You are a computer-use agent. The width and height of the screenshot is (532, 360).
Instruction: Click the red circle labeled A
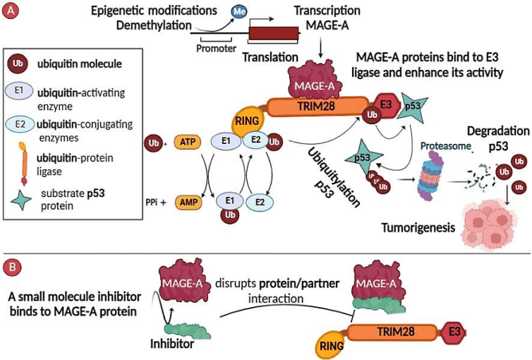pos(11,11)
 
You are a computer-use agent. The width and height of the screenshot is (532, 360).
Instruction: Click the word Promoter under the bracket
pos(217,49)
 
